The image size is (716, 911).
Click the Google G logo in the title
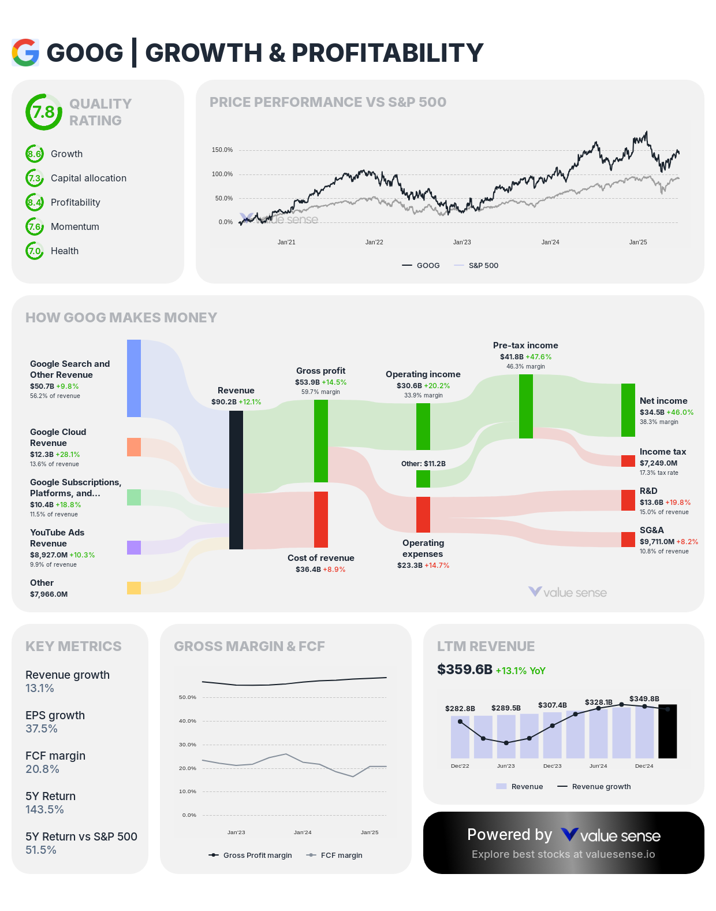pos(25,53)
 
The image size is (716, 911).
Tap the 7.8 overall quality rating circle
pos(44,112)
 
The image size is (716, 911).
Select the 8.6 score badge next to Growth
pos(35,154)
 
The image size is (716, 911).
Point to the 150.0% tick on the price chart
pos(222,150)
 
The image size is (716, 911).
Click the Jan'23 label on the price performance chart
pos(462,243)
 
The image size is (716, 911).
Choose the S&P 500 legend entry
pos(483,266)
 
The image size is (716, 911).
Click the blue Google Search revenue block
pos(134,378)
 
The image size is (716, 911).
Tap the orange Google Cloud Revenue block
pos(134,447)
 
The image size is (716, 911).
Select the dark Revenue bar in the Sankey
pos(236,479)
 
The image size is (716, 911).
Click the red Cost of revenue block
pos(321,519)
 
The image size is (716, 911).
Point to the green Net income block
pos(628,410)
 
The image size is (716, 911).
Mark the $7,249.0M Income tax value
pos(658,463)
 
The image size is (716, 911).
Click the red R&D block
pos(628,500)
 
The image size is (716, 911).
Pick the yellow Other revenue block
pos(134,588)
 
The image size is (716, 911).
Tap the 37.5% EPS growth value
pos(42,729)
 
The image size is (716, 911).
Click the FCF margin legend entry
pos(341,856)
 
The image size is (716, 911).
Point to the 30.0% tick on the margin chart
pos(188,745)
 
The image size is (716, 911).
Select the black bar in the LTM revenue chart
pos(667,731)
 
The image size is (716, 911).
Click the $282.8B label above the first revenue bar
pos(460,708)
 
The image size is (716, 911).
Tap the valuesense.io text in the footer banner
pos(620,854)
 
